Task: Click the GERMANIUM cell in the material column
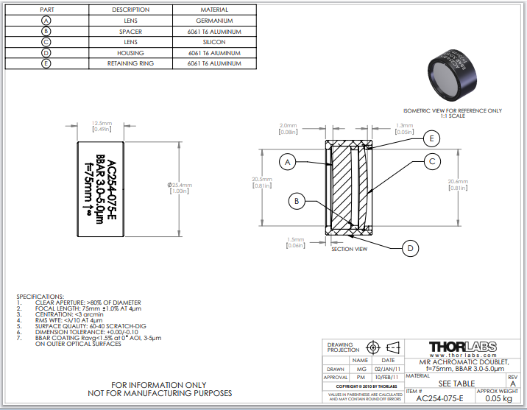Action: tap(214, 21)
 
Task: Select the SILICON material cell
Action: tap(214, 42)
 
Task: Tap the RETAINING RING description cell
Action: tap(130, 63)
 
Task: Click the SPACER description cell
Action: tap(130, 32)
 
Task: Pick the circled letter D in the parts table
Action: tap(46, 53)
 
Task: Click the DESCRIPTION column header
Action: tap(130, 10)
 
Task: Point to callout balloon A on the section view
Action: tap(289, 161)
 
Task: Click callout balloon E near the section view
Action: tap(433, 138)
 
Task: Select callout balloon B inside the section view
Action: tap(297, 200)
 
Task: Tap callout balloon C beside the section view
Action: tap(433, 161)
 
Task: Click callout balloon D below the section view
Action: tap(411, 248)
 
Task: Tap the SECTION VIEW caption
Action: tap(349, 250)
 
